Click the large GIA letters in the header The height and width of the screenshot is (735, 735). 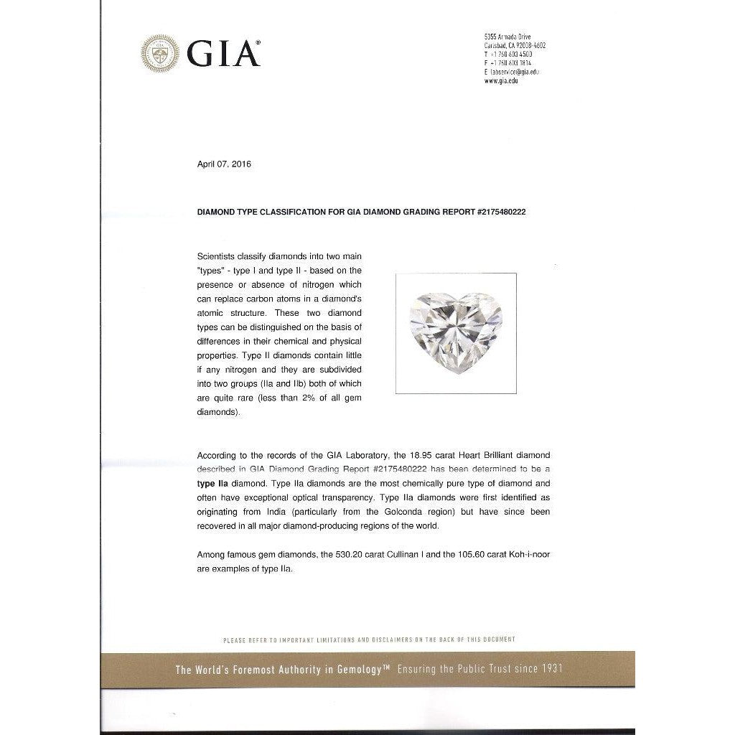pos(223,53)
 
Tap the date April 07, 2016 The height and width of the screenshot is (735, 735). pos(224,164)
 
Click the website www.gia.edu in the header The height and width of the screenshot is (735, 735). pos(501,81)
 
